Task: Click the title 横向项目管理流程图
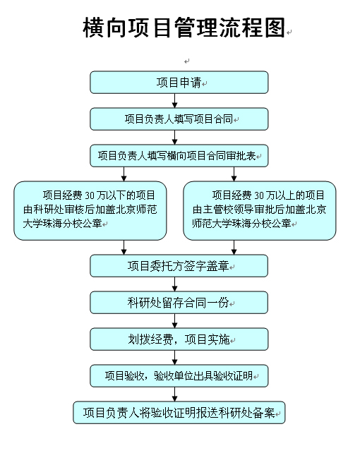point(184,28)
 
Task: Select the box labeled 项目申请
point(179,83)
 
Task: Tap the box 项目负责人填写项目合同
point(179,119)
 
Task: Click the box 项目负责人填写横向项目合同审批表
point(179,156)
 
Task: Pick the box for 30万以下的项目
point(90,210)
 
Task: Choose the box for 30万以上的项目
point(260,210)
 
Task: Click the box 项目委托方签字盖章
point(179,266)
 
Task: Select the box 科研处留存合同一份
point(179,303)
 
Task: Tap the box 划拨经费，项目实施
point(179,339)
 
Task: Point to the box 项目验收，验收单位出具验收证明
point(179,376)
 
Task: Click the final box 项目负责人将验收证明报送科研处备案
point(179,413)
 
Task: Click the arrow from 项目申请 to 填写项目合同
point(174,100)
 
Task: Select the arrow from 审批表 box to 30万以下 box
point(124,174)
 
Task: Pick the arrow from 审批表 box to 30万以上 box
point(234,174)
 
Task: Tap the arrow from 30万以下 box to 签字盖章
point(124,247)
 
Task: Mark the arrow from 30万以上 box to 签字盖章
point(234,247)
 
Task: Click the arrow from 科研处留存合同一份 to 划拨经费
point(174,320)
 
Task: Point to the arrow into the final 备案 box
point(174,394)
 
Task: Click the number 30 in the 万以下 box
point(90,195)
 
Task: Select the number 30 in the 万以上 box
point(259,195)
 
